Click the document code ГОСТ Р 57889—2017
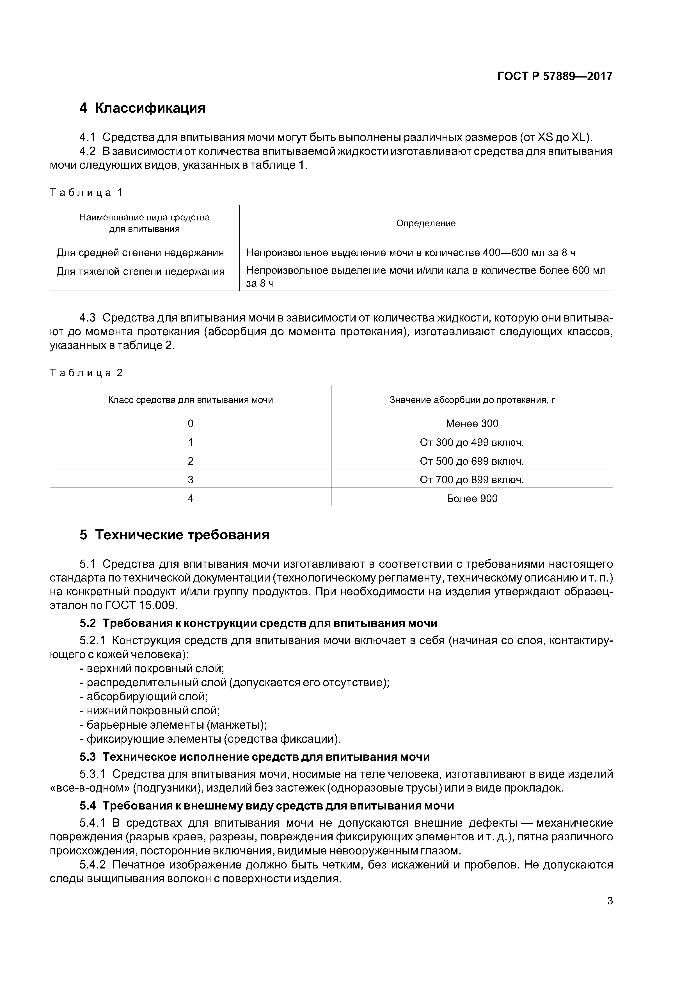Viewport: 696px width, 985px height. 555,76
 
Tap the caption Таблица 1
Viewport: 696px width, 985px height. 86,193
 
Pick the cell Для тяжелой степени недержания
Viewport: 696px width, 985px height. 141,272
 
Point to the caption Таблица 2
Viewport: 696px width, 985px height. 86,373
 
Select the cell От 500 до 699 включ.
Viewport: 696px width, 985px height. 472,461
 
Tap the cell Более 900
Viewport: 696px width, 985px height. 472,498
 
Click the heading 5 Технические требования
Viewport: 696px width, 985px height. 175,535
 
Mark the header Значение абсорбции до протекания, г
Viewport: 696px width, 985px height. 472,400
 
